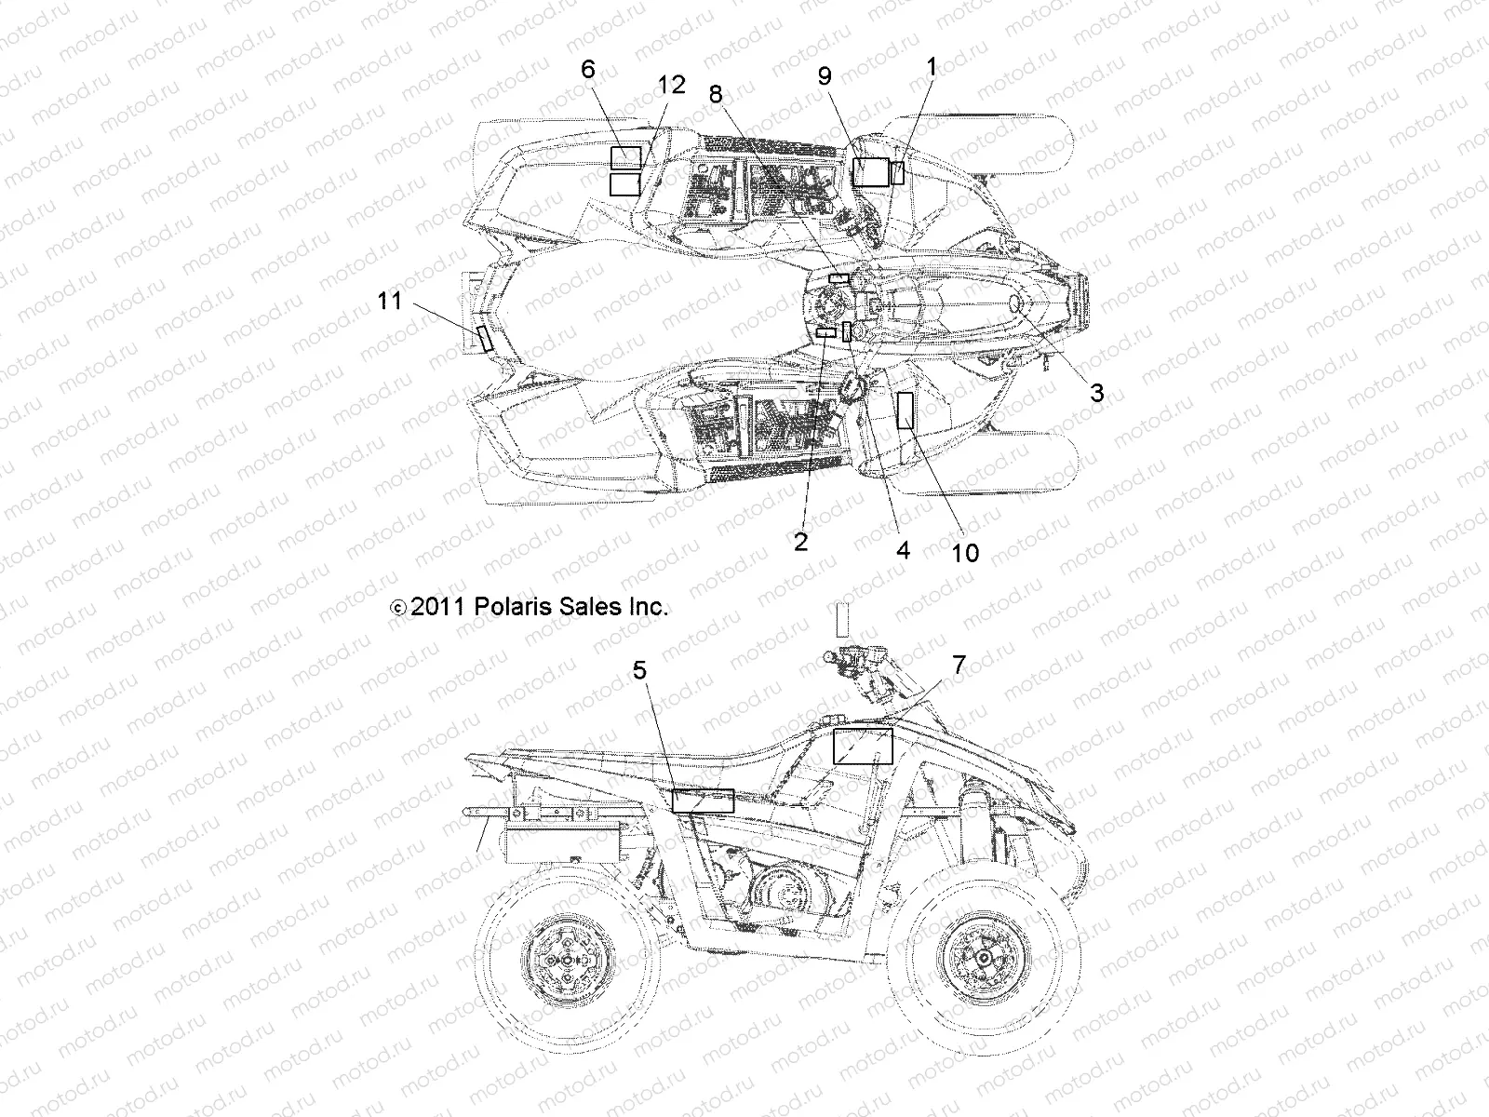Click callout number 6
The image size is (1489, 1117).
pos(587,70)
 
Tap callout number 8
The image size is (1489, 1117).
pos(715,94)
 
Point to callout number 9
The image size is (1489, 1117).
pos(824,76)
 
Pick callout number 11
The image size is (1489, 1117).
pos(390,301)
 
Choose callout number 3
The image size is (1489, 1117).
pos(1097,394)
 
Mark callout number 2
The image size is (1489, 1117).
pos(801,541)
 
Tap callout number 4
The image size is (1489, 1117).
pos(902,549)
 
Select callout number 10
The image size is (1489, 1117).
pos(966,552)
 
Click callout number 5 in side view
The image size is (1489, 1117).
pos(665,671)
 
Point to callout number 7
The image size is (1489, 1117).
pos(959,665)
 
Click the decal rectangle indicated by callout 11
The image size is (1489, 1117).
pos(484,338)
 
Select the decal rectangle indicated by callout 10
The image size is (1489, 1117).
pos(905,410)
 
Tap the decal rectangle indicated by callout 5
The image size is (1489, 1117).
pos(703,800)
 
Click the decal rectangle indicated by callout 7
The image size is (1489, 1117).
pos(862,747)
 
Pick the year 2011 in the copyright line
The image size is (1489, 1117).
pos(443,608)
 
